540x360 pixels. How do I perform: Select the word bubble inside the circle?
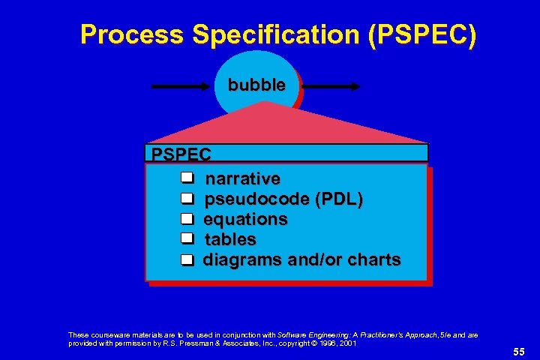(x=256, y=85)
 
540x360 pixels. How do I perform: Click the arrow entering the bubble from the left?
(x=181, y=87)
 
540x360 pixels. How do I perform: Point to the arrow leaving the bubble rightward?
(x=330, y=87)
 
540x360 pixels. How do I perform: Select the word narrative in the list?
(x=242, y=179)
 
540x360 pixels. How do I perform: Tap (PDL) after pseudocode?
(x=339, y=199)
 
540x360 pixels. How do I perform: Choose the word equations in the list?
(x=245, y=220)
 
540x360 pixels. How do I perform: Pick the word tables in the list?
(x=230, y=240)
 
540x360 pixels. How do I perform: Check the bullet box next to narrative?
(x=187, y=178)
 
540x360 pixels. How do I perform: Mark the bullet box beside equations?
(x=187, y=219)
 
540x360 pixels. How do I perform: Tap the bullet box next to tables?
(x=187, y=239)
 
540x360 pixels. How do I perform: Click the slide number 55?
(x=519, y=351)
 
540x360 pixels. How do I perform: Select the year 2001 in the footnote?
(x=346, y=343)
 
